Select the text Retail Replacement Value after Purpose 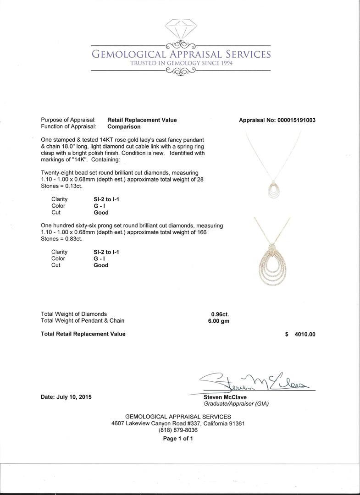(142, 120)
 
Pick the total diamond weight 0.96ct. (220, 314)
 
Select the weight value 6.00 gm (219, 321)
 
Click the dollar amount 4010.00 (305, 334)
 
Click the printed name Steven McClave (226, 397)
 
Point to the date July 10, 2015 (66, 397)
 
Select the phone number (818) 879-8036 (178, 430)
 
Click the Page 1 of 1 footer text (178, 439)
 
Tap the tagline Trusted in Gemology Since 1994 (181, 63)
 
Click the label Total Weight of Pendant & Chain (83, 321)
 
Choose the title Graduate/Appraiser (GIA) (236, 404)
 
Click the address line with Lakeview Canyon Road (178, 423)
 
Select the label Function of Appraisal (68, 126)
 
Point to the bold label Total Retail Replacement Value (83, 334)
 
